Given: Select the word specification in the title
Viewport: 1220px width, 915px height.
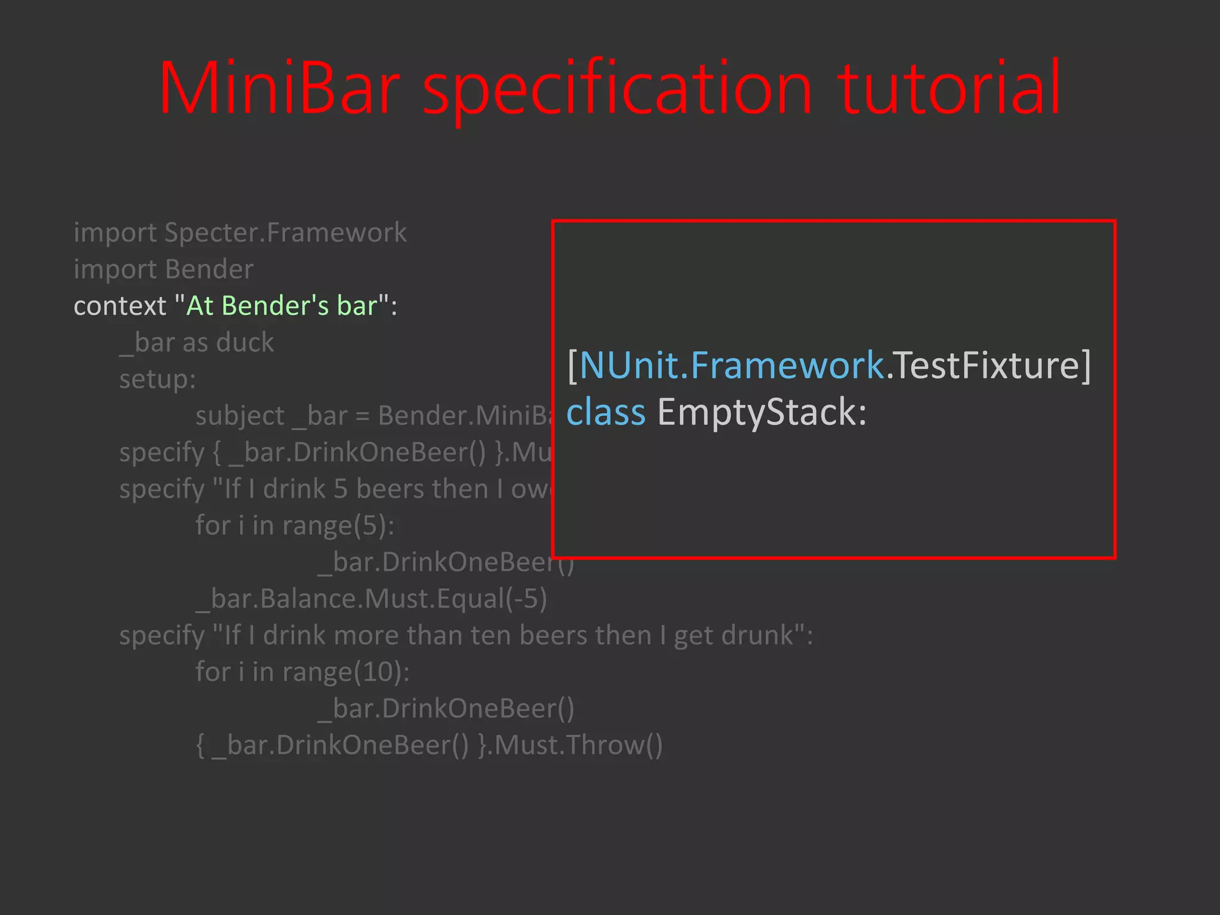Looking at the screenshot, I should point(617,89).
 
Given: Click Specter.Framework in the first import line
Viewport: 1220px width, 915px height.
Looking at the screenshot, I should point(285,232).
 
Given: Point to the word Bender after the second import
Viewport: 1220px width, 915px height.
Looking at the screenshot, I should point(209,269).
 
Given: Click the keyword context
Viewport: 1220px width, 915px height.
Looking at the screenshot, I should point(119,306).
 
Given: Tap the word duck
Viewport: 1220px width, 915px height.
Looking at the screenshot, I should point(245,343).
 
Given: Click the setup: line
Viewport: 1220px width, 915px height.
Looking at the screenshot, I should point(157,379).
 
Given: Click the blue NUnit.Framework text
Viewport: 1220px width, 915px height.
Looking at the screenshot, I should point(732,365).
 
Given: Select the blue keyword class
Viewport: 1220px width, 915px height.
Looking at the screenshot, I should point(606,412).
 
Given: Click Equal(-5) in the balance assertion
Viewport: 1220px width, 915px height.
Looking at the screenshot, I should point(491,599).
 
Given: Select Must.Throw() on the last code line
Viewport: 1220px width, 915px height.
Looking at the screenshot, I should point(578,745).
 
